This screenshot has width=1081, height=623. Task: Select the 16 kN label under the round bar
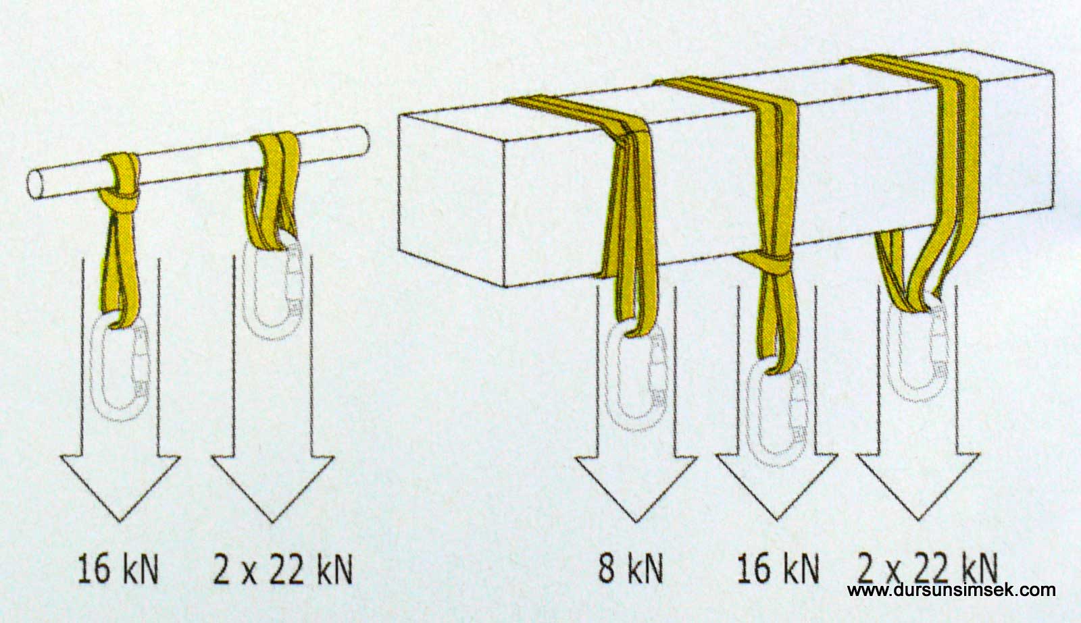[x=118, y=569]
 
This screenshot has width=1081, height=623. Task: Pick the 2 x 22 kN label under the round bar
[x=283, y=569]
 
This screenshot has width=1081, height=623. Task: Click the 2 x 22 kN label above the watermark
[x=928, y=568]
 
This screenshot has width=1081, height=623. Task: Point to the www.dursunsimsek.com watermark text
[x=951, y=590]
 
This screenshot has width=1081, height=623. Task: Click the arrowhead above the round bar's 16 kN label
[x=120, y=488]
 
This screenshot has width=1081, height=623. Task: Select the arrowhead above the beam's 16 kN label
[x=777, y=487]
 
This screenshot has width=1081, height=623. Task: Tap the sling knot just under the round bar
[x=119, y=202]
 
